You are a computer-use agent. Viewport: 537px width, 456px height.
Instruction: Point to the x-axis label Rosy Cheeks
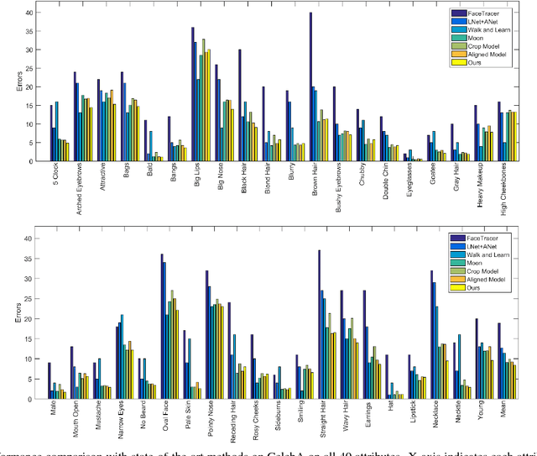(253, 419)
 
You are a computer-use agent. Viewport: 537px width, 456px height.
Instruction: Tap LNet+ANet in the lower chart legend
(487, 246)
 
